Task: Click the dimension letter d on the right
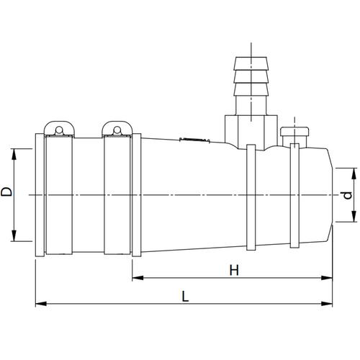click(348, 195)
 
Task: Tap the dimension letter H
click(235, 270)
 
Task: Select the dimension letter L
click(185, 296)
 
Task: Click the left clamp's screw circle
click(59, 130)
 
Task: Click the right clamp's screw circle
click(117, 130)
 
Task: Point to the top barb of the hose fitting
click(251, 63)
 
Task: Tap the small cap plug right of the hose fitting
click(294, 131)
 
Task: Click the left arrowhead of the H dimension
click(138, 278)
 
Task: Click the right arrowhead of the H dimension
click(327, 278)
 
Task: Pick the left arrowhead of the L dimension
click(41, 304)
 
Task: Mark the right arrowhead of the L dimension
click(327, 304)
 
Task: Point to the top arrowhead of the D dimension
click(14, 154)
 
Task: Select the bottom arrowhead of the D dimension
click(14, 235)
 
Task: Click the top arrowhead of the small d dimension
click(354, 174)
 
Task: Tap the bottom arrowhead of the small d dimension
click(354, 216)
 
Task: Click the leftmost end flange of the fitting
click(40, 195)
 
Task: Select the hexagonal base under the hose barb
click(251, 132)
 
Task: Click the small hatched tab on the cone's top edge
click(195, 140)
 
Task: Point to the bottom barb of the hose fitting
click(251, 89)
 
